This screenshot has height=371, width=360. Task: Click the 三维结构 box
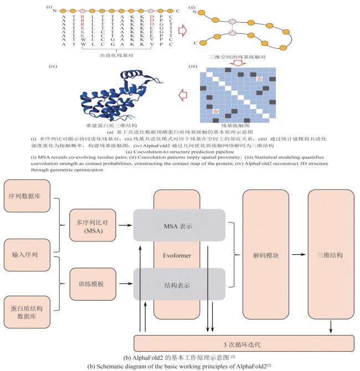click(x=331, y=256)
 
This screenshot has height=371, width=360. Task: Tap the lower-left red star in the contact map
click(x=215, y=112)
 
